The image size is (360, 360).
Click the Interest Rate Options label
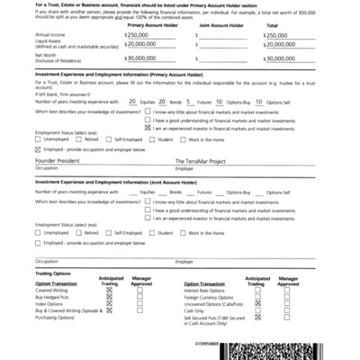point(210,290)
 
